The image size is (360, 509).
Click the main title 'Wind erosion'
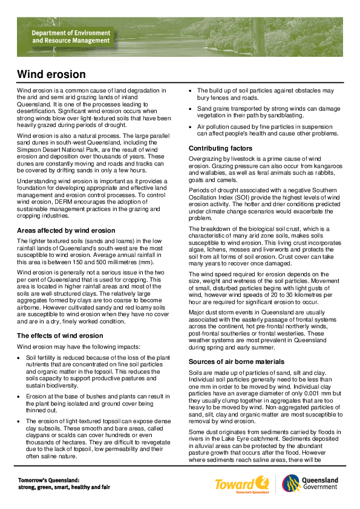(51, 74)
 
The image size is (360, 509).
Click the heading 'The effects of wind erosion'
(60, 336)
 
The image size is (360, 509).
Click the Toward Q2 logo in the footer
(241, 483)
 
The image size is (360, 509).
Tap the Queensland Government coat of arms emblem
(290, 483)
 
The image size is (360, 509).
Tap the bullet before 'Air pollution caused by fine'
(191, 126)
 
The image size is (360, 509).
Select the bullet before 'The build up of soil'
(191, 91)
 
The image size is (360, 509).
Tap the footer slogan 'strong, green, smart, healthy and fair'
(64, 487)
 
